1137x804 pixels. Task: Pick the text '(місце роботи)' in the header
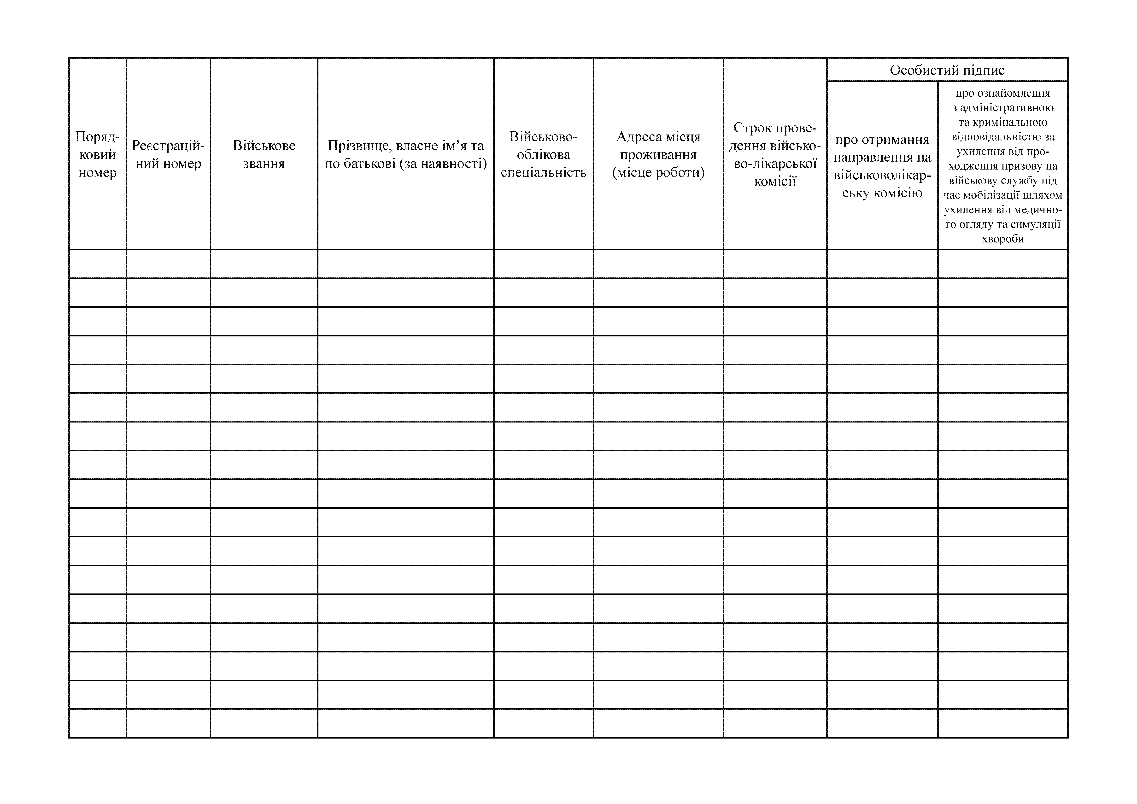pos(658,172)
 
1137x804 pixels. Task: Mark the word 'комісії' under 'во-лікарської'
pos(775,181)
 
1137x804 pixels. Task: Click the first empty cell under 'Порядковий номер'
pos(98,264)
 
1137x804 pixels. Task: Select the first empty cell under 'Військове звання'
pos(264,264)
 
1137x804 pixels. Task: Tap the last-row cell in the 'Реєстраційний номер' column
pos(168,724)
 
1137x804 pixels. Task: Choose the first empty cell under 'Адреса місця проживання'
pos(658,264)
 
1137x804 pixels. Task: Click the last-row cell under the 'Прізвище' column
pos(406,724)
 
